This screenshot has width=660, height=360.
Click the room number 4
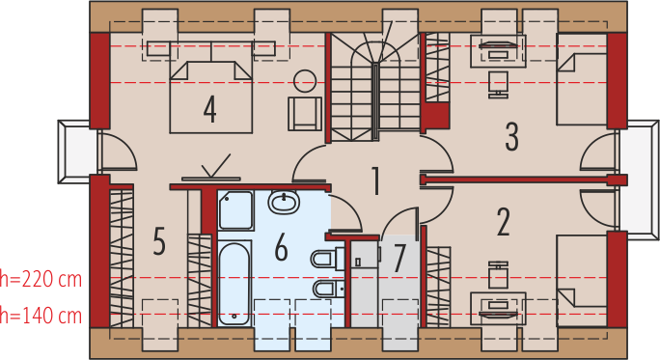pos(209,109)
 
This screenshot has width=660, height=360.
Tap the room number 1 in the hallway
pos(373,180)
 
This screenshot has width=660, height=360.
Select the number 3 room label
pos(511,136)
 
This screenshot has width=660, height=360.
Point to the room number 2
pos(503,222)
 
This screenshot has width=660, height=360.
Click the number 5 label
pos(159,241)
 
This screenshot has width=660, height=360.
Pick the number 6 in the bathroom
pos(281,248)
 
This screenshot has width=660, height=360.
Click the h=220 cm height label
pos(41,280)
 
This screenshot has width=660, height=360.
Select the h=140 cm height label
pos(41,316)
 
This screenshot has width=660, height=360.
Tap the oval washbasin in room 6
pos(284,204)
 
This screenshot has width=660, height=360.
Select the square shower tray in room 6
pos(234,209)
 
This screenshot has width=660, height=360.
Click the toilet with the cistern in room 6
pos(326,259)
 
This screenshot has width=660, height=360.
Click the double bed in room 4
pos(209,95)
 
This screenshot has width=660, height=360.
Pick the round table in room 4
pos(305,81)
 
